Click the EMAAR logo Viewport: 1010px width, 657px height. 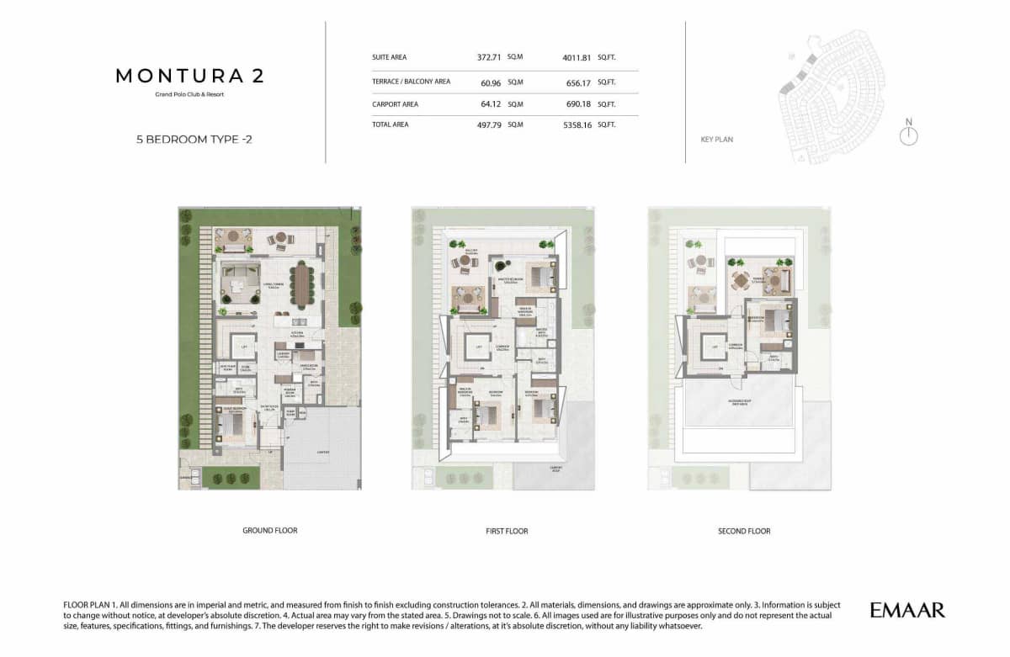click(x=907, y=610)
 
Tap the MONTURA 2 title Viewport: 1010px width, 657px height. click(x=189, y=76)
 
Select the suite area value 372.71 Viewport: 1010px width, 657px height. click(x=489, y=58)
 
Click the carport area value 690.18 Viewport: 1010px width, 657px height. click(x=577, y=104)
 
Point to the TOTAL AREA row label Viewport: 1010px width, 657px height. click(x=390, y=125)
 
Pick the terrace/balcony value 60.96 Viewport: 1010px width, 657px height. click(x=491, y=82)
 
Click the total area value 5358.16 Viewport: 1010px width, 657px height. click(x=577, y=125)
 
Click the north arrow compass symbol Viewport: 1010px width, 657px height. click(x=908, y=135)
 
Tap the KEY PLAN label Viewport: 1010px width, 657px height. click(x=716, y=140)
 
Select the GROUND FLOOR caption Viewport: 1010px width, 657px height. click(x=269, y=531)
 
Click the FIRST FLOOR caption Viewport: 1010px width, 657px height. click(x=507, y=531)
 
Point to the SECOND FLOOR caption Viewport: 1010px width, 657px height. click(x=744, y=531)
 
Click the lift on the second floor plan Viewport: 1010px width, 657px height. click(x=714, y=346)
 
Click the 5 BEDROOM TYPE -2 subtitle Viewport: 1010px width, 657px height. click(x=194, y=140)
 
